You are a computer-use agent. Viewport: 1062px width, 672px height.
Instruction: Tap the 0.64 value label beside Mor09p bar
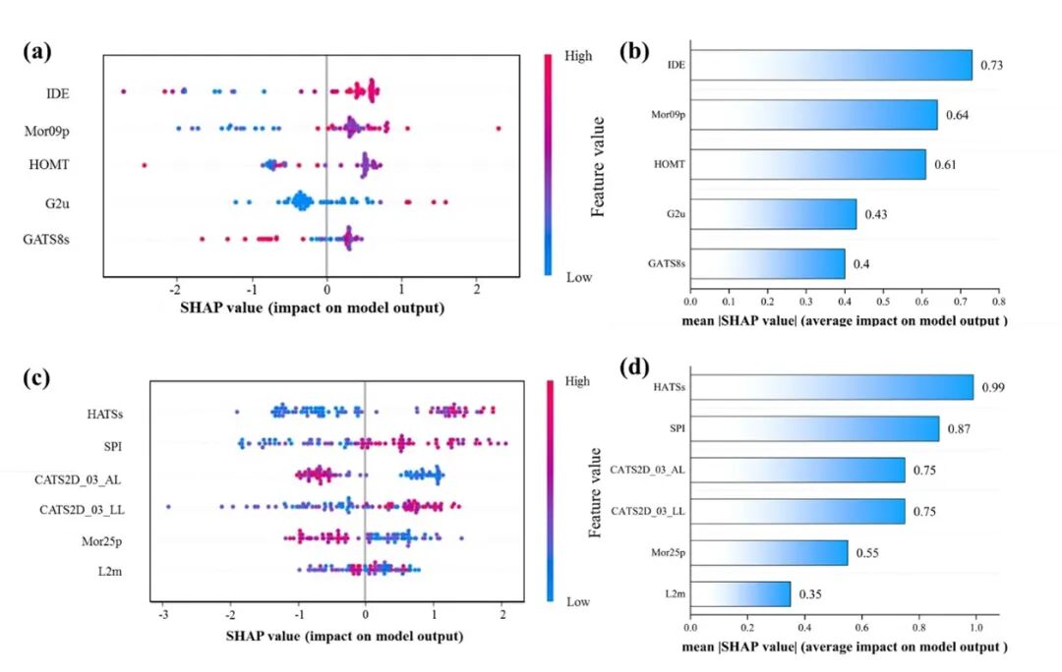coord(959,116)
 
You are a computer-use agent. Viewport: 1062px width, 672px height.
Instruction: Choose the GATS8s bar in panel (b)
coord(767,263)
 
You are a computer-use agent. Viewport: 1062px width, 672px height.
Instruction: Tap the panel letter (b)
coord(634,53)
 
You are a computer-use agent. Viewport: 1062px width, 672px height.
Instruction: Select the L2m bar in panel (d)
coord(740,594)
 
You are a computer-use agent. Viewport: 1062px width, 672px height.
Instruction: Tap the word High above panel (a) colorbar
coord(579,56)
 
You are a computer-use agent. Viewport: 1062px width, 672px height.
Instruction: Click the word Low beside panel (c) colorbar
coord(578,601)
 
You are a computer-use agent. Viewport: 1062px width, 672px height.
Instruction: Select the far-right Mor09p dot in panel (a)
coord(499,129)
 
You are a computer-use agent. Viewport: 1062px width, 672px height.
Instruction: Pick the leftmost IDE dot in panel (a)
coord(123,91)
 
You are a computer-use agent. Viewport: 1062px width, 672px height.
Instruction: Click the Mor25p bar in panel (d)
coord(769,552)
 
